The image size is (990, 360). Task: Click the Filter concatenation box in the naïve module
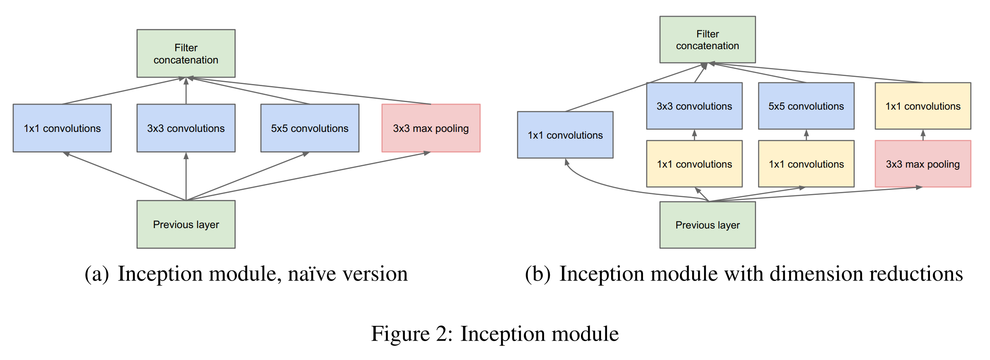pyautogui.click(x=186, y=53)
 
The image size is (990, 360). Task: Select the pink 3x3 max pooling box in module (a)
pyautogui.click(x=431, y=128)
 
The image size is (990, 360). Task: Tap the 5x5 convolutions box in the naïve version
pyautogui.click(x=310, y=128)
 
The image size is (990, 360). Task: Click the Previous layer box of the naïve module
pyautogui.click(x=186, y=224)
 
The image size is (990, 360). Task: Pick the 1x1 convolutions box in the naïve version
pyautogui.click(x=62, y=128)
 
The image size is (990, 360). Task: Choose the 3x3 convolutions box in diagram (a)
pyautogui.click(x=186, y=128)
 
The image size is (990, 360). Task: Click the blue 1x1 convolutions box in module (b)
pyautogui.click(x=565, y=135)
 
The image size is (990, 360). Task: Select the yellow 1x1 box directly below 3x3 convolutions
pyautogui.click(x=694, y=164)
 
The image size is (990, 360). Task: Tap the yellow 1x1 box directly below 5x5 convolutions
pyautogui.click(x=806, y=164)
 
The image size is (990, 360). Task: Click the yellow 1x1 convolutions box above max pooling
pyautogui.click(x=923, y=106)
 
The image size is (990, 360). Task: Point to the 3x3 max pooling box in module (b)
pyautogui.click(x=923, y=164)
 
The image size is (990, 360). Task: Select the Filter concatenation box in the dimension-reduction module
pyautogui.click(x=707, y=39)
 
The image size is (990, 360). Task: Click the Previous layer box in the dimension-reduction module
pyautogui.click(x=707, y=225)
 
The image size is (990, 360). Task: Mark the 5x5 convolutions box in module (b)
pyautogui.click(x=806, y=106)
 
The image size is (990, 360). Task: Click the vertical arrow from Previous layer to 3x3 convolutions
pyautogui.click(x=186, y=176)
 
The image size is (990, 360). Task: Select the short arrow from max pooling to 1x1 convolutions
pyautogui.click(x=923, y=135)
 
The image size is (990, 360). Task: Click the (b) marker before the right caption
pyautogui.click(x=537, y=274)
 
